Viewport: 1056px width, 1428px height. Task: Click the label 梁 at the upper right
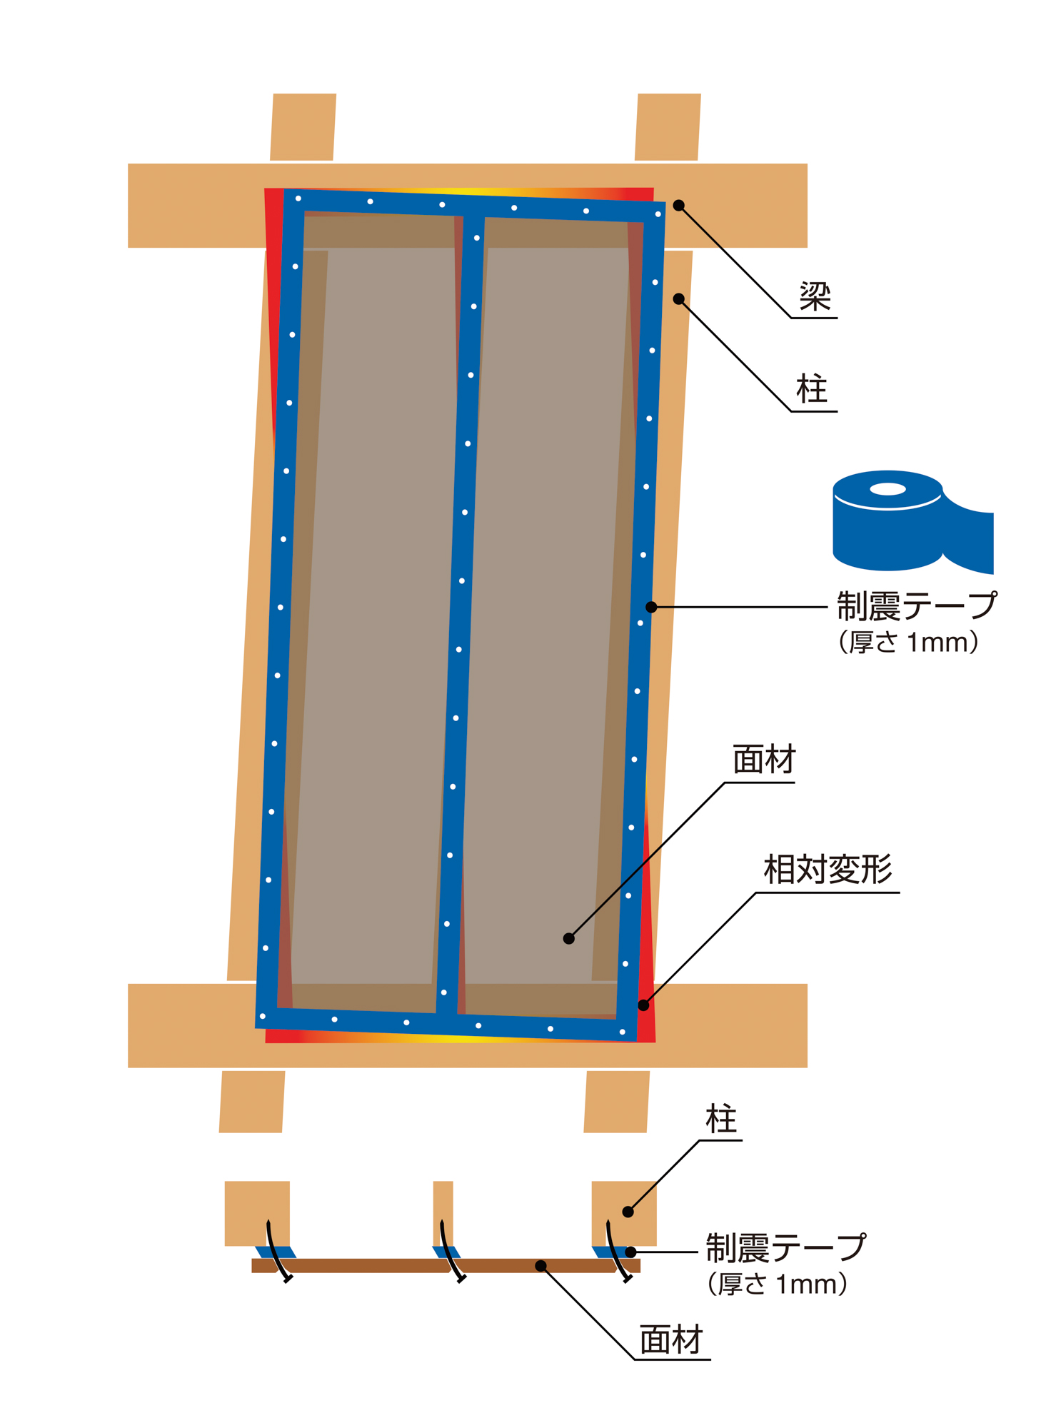point(815,296)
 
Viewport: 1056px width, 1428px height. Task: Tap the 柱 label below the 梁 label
point(813,390)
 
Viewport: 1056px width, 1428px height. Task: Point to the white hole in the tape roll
point(887,489)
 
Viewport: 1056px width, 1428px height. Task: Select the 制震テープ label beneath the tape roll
point(916,606)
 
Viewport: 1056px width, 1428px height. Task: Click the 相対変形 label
point(828,870)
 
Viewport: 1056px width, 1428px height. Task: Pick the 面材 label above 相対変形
point(764,760)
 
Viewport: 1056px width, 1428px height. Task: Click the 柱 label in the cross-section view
point(721,1120)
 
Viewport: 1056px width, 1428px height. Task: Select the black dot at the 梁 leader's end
point(679,206)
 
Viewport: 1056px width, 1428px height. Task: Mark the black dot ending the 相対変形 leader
point(643,1005)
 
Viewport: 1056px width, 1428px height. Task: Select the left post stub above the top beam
point(303,127)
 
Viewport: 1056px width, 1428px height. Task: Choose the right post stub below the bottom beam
point(617,1101)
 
